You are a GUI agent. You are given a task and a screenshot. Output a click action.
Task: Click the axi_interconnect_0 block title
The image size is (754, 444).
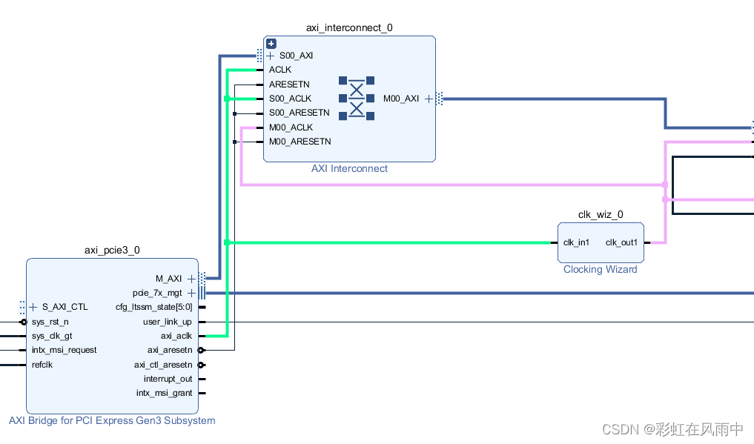tap(349, 27)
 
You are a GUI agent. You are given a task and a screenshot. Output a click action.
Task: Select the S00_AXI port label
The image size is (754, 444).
tap(297, 56)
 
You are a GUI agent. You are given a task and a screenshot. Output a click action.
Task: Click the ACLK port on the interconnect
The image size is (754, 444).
tap(280, 70)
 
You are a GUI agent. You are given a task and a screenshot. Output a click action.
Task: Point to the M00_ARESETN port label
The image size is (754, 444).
tap(300, 141)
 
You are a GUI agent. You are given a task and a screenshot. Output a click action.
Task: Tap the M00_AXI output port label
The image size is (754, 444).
tap(401, 99)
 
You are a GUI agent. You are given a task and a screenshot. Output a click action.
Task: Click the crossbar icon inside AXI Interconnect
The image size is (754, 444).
tap(357, 98)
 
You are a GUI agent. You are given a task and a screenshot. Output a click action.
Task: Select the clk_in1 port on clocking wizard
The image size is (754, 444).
tap(576, 242)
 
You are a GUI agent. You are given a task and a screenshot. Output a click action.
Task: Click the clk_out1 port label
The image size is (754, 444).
tap(621, 242)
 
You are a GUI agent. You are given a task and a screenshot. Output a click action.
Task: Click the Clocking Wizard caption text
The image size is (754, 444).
tap(600, 269)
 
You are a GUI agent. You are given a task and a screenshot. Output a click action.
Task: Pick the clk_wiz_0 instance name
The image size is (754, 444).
tap(601, 215)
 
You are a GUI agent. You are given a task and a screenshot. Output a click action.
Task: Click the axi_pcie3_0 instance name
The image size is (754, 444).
tap(112, 251)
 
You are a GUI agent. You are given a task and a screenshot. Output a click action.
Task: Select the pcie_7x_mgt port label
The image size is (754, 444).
tap(157, 293)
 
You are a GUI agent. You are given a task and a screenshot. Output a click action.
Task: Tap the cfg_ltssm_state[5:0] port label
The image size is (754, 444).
tap(154, 307)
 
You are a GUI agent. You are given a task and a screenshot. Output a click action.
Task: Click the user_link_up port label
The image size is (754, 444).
tap(167, 322)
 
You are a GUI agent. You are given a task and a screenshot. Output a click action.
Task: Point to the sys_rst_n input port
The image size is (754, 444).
tap(50, 322)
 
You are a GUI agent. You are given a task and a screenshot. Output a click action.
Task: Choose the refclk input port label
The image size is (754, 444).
tap(42, 365)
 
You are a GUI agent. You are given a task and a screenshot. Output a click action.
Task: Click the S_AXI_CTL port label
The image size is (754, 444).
tap(65, 307)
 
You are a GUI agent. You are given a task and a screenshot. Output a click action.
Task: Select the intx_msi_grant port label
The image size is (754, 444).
tap(164, 393)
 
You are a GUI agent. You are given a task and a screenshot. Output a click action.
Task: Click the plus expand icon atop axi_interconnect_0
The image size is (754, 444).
tap(271, 44)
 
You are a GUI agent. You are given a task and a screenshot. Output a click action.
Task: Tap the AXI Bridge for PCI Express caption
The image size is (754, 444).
tap(112, 420)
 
